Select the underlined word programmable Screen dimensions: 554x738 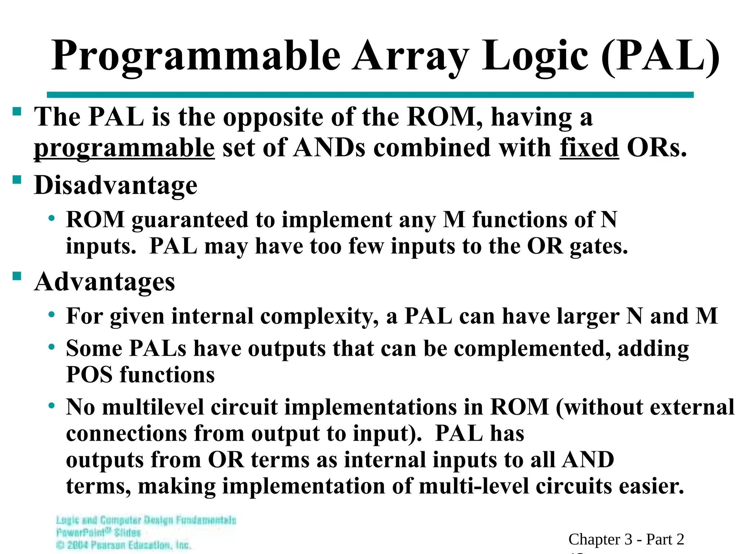point(124,148)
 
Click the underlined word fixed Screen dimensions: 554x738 point(589,148)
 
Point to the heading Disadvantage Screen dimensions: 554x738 point(116,185)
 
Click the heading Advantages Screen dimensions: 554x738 point(105,281)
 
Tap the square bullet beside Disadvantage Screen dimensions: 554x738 point(17,180)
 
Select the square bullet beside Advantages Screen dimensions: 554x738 point(17,276)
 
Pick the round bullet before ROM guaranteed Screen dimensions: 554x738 point(52,218)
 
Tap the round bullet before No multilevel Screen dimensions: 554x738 point(52,405)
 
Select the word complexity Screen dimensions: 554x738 point(319,316)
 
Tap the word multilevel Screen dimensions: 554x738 point(154,407)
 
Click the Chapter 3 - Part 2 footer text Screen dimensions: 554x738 point(626,539)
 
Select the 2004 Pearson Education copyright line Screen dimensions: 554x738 point(124,545)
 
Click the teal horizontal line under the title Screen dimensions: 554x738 point(370,95)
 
